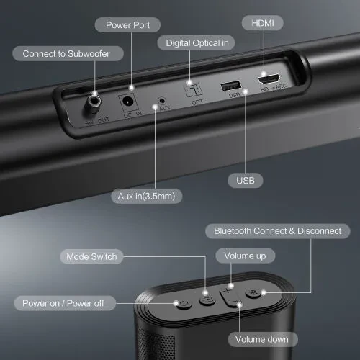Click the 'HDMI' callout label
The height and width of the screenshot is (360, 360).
tap(261, 23)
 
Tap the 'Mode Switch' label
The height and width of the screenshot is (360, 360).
tap(91, 256)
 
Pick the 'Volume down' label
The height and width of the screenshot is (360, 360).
tap(258, 339)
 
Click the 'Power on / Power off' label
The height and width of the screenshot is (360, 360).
tap(64, 303)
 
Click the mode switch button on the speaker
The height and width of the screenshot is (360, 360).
tap(207, 300)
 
